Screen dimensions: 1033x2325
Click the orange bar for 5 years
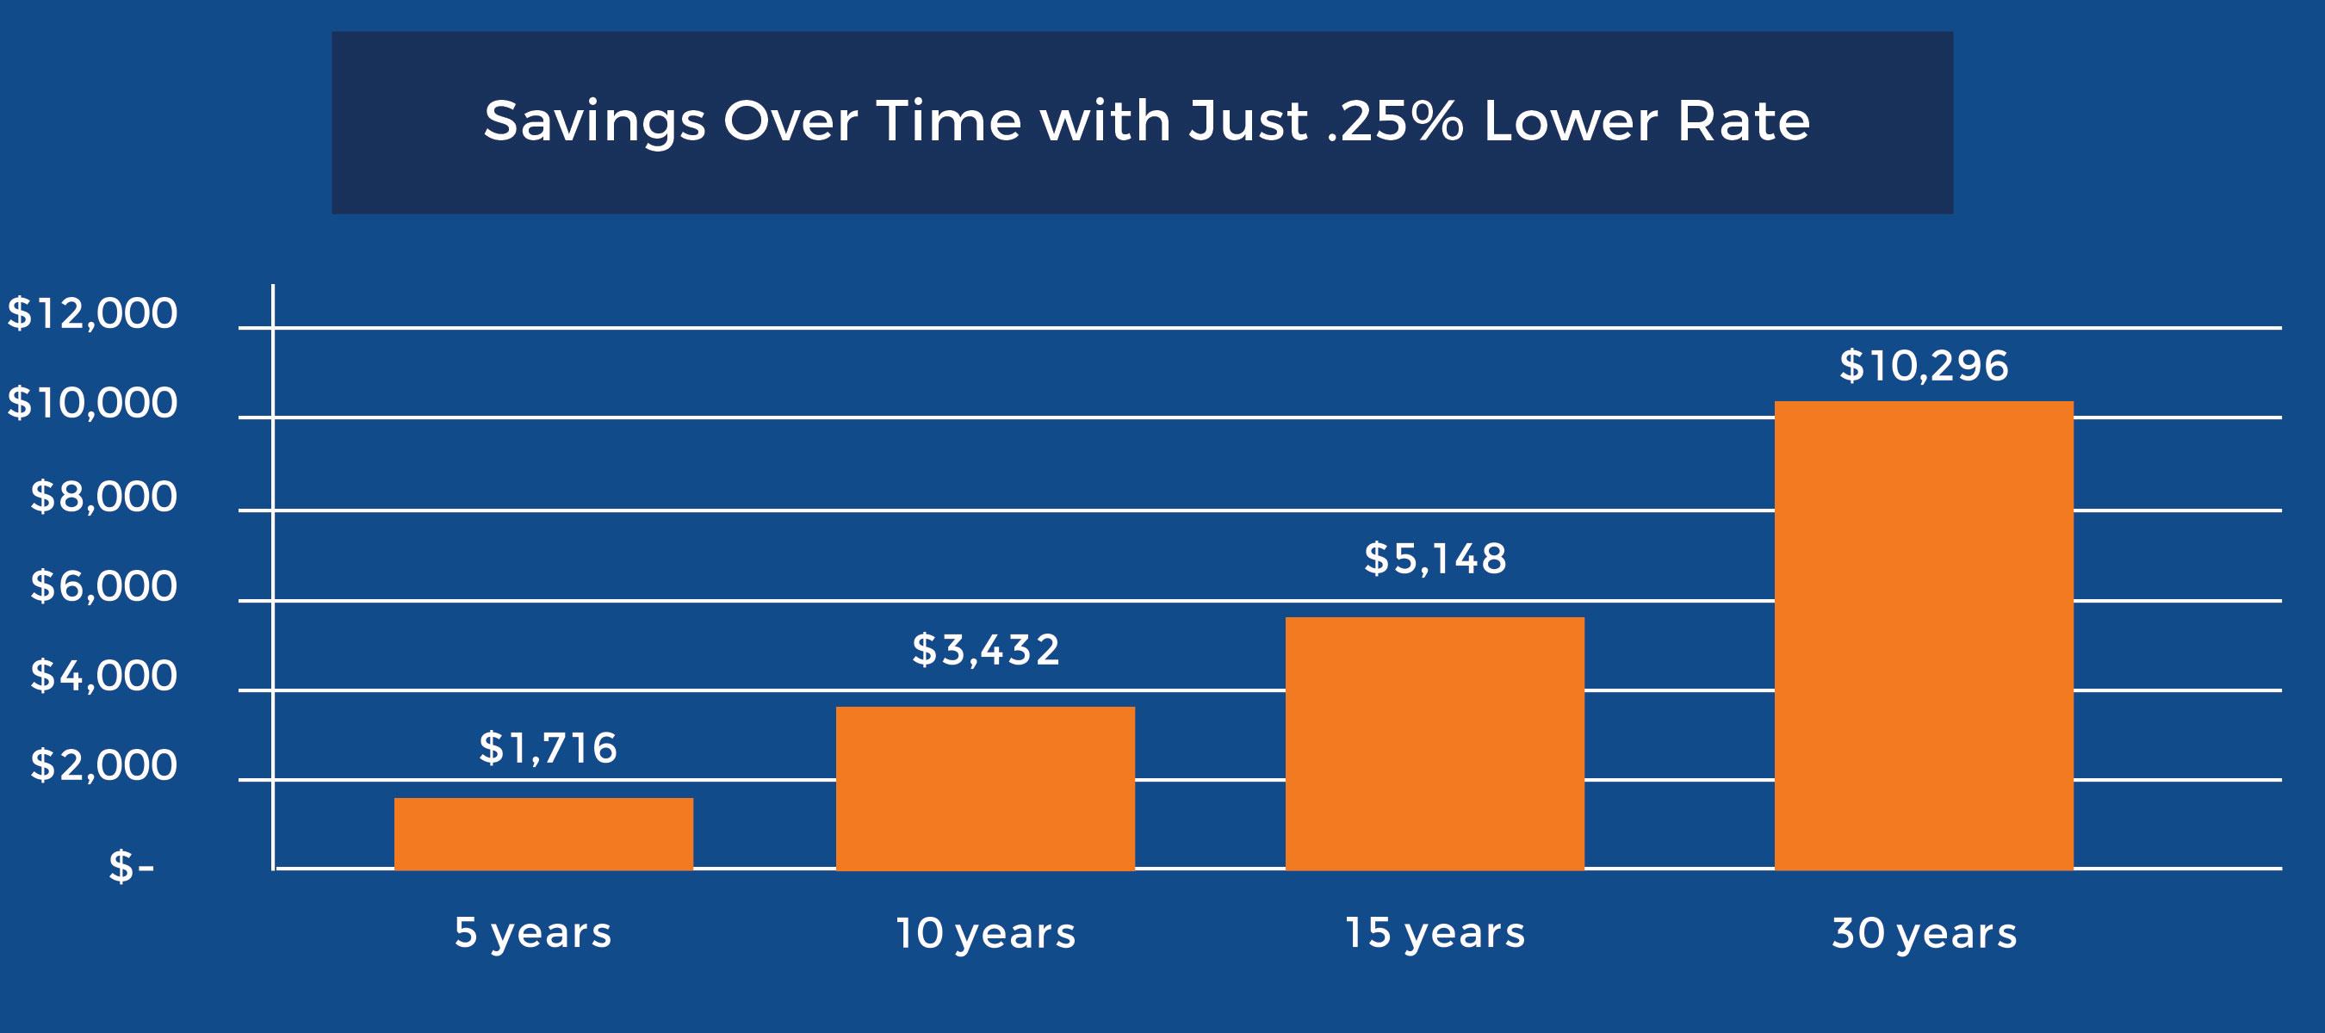543,833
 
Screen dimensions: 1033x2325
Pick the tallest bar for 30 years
1924,635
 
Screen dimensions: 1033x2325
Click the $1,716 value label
548,748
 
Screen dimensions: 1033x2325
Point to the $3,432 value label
986,650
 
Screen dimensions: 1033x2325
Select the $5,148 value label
1435,559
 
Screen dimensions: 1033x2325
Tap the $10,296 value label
1924,365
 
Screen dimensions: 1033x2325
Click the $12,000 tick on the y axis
92,314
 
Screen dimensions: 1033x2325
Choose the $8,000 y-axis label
104,496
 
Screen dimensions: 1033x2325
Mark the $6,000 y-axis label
104,586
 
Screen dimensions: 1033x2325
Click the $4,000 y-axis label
104,676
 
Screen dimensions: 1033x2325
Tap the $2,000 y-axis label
104,765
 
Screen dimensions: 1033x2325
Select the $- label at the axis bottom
131,867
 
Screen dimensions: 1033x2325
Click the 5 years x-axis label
532,933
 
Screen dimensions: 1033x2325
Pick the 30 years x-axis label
1924,933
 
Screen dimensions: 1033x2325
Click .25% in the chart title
1395,121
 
